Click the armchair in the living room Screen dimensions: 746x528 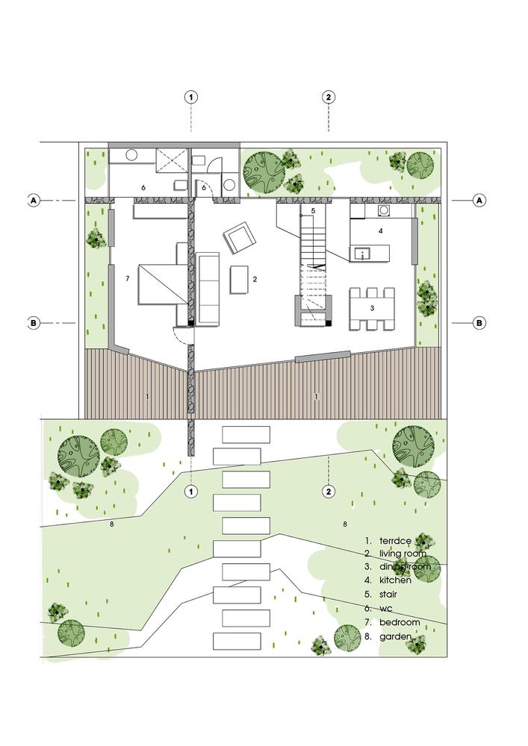pos(240,238)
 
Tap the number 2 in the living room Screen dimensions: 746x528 pos(255,279)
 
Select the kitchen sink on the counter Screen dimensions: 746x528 pos(362,253)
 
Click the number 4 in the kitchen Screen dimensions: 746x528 pos(380,231)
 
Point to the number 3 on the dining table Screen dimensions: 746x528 pos(371,307)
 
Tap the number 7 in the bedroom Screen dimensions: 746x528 pos(128,278)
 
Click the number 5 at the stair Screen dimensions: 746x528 pos(314,211)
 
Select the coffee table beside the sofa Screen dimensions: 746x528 pos(240,280)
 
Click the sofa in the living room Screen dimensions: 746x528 pos(208,289)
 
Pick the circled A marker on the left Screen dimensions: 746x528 pos(34,200)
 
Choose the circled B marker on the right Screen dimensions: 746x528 pos(479,323)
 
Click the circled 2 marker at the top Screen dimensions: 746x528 pos(329,97)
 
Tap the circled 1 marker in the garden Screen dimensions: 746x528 pos(192,492)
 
